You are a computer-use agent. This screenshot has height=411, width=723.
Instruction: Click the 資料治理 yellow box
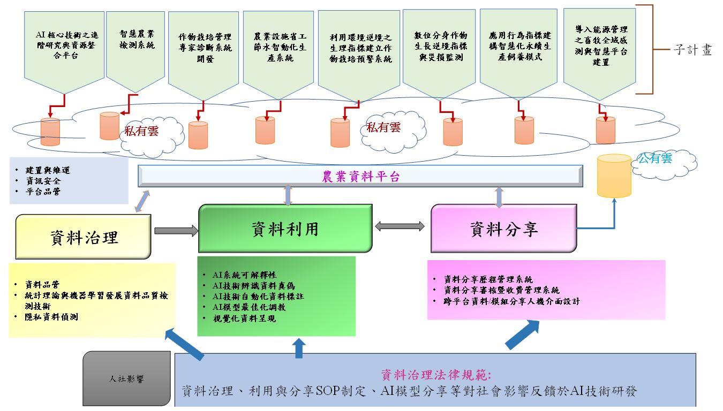click(x=84, y=237)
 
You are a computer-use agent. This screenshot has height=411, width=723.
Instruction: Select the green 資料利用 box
click(x=285, y=229)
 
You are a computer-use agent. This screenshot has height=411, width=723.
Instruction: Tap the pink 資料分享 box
click(x=503, y=229)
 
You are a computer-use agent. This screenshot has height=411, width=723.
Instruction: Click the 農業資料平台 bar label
click(x=360, y=177)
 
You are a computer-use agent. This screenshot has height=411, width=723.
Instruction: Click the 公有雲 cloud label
click(x=654, y=158)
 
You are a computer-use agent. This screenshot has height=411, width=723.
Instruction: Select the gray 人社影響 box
click(x=126, y=379)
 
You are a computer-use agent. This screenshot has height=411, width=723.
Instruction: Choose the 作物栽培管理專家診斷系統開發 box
click(x=205, y=48)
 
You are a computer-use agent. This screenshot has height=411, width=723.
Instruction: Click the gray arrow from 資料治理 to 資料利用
click(x=176, y=231)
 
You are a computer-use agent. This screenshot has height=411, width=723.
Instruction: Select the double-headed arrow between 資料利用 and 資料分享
click(x=400, y=226)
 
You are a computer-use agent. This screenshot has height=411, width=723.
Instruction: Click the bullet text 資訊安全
click(x=43, y=181)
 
